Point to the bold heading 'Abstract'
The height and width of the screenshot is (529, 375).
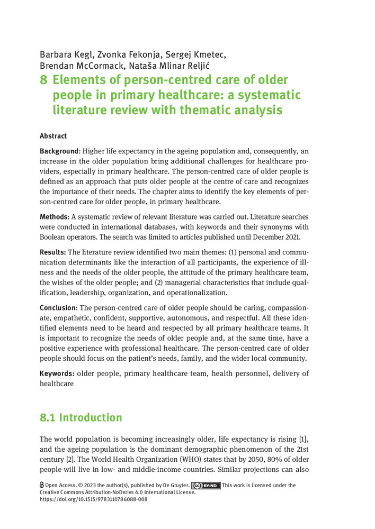point(53,136)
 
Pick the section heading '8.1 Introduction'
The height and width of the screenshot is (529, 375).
point(81,417)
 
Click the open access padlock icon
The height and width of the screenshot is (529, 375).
point(42,485)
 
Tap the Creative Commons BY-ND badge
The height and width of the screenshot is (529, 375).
point(206,485)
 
